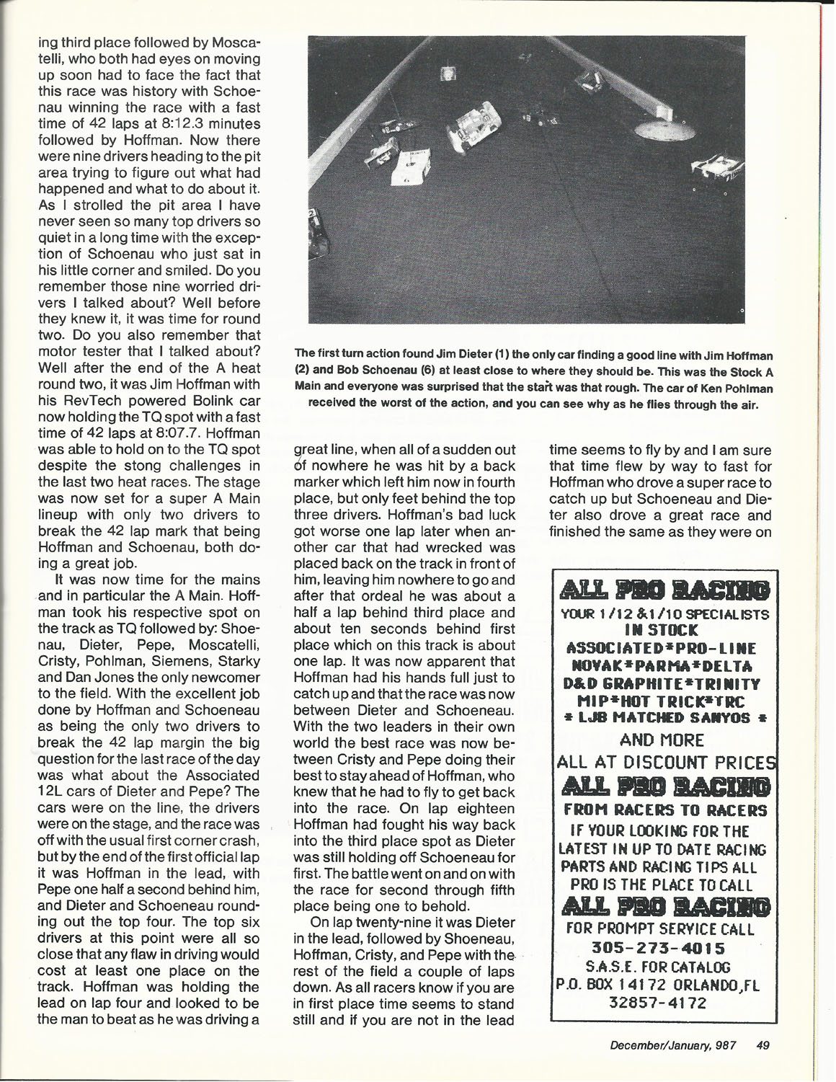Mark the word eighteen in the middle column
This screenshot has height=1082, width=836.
[x=481, y=809]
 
